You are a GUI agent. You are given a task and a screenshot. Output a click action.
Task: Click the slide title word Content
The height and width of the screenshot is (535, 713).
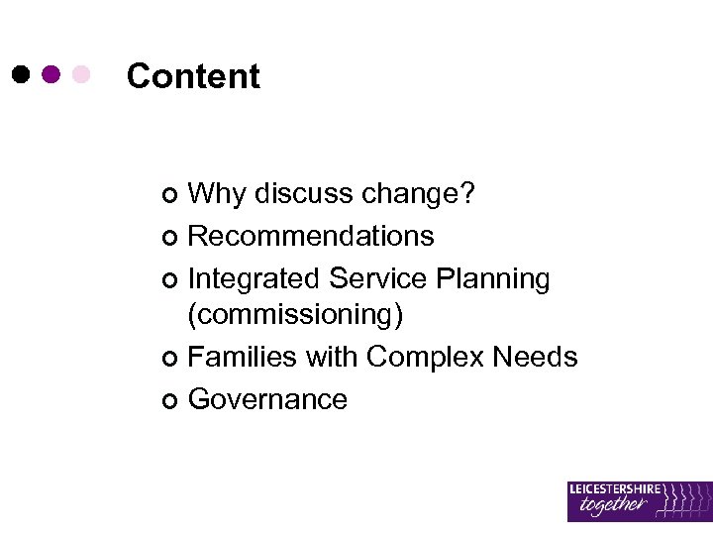click(193, 76)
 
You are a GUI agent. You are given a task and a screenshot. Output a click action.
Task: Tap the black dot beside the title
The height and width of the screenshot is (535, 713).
click(22, 74)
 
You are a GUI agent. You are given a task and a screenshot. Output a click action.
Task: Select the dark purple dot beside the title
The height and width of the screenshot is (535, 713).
click(51, 74)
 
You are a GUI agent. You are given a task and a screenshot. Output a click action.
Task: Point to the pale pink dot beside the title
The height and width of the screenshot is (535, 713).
click(81, 74)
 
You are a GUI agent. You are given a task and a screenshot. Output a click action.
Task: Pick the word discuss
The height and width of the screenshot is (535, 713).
click(303, 194)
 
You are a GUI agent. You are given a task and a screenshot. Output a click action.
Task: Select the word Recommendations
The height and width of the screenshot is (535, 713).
click(311, 236)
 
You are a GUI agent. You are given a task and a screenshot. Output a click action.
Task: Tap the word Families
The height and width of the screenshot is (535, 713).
click(243, 356)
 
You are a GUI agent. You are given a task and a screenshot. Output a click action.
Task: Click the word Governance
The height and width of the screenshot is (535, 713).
click(267, 399)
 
